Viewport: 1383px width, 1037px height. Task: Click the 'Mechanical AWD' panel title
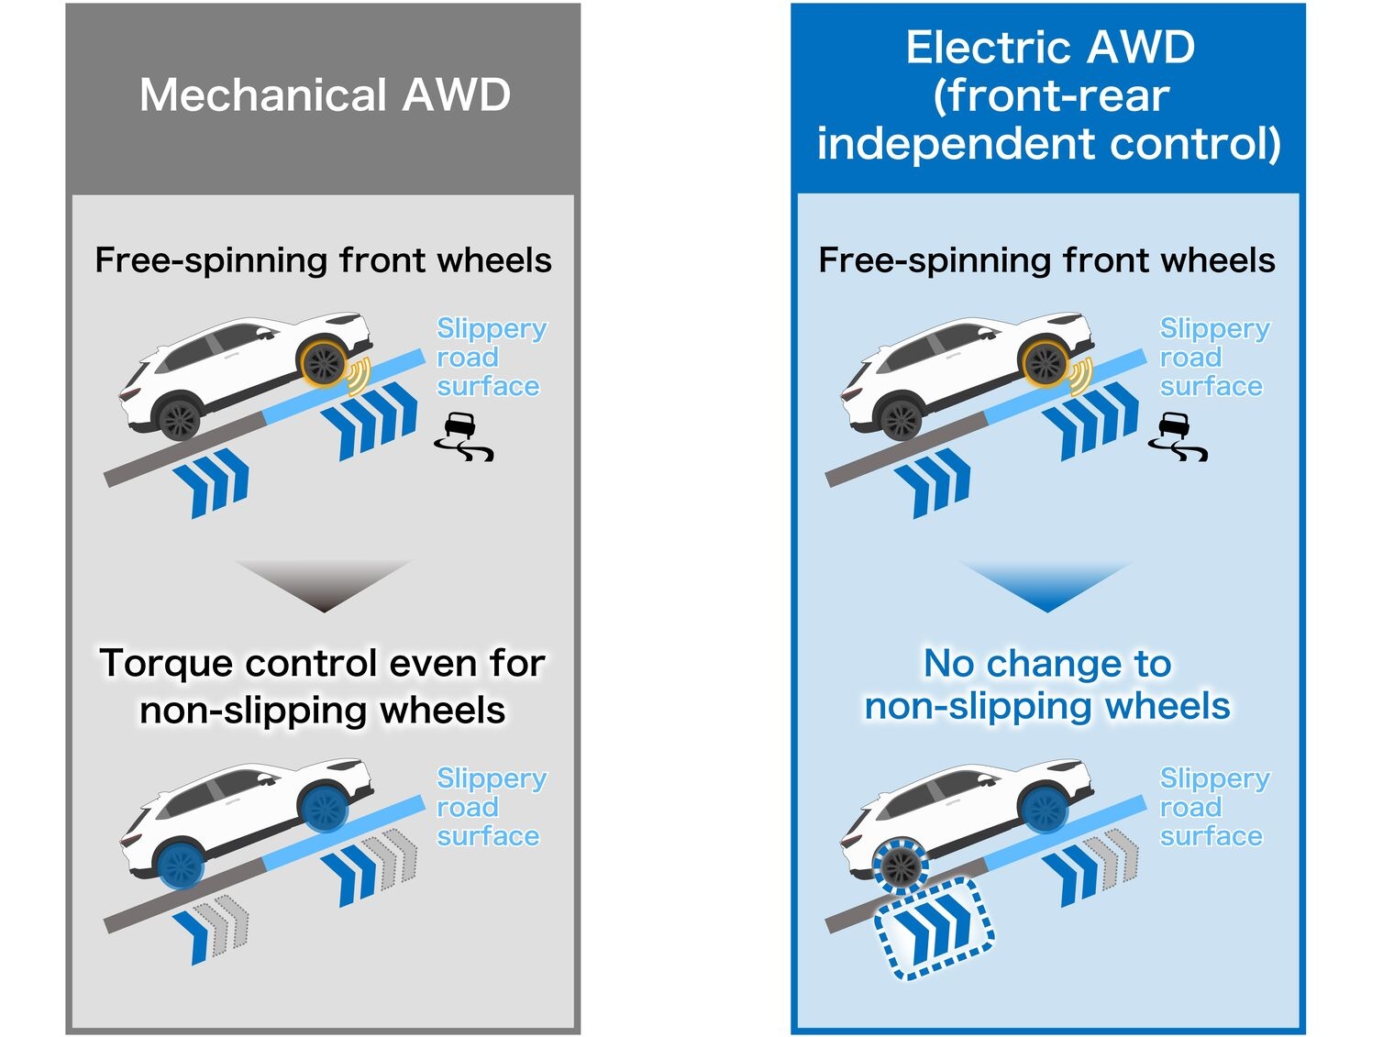pyautogui.click(x=325, y=95)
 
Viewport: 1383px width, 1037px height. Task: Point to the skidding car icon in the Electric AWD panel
pyautogui.click(x=1178, y=436)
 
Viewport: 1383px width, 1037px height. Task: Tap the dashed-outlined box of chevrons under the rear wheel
pyautogui.click(x=935, y=928)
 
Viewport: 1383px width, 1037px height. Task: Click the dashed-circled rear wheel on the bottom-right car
pyautogui.click(x=901, y=865)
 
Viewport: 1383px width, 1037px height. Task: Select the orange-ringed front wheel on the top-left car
pyautogui.click(x=324, y=363)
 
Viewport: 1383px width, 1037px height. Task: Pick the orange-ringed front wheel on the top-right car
pyautogui.click(x=1045, y=363)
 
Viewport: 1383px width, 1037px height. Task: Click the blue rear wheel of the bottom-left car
pyautogui.click(x=181, y=865)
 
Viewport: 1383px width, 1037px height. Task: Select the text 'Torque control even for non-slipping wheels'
pyautogui.click(x=323, y=686)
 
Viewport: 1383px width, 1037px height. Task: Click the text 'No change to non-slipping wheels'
pyautogui.click(x=1047, y=684)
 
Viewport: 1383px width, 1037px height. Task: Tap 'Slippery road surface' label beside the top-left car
pyautogui.click(x=490, y=357)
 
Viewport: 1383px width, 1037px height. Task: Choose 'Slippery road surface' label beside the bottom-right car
pyautogui.click(x=1212, y=807)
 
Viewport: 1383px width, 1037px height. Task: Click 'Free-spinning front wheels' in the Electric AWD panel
pyautogui.click(x=1046, y=260)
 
